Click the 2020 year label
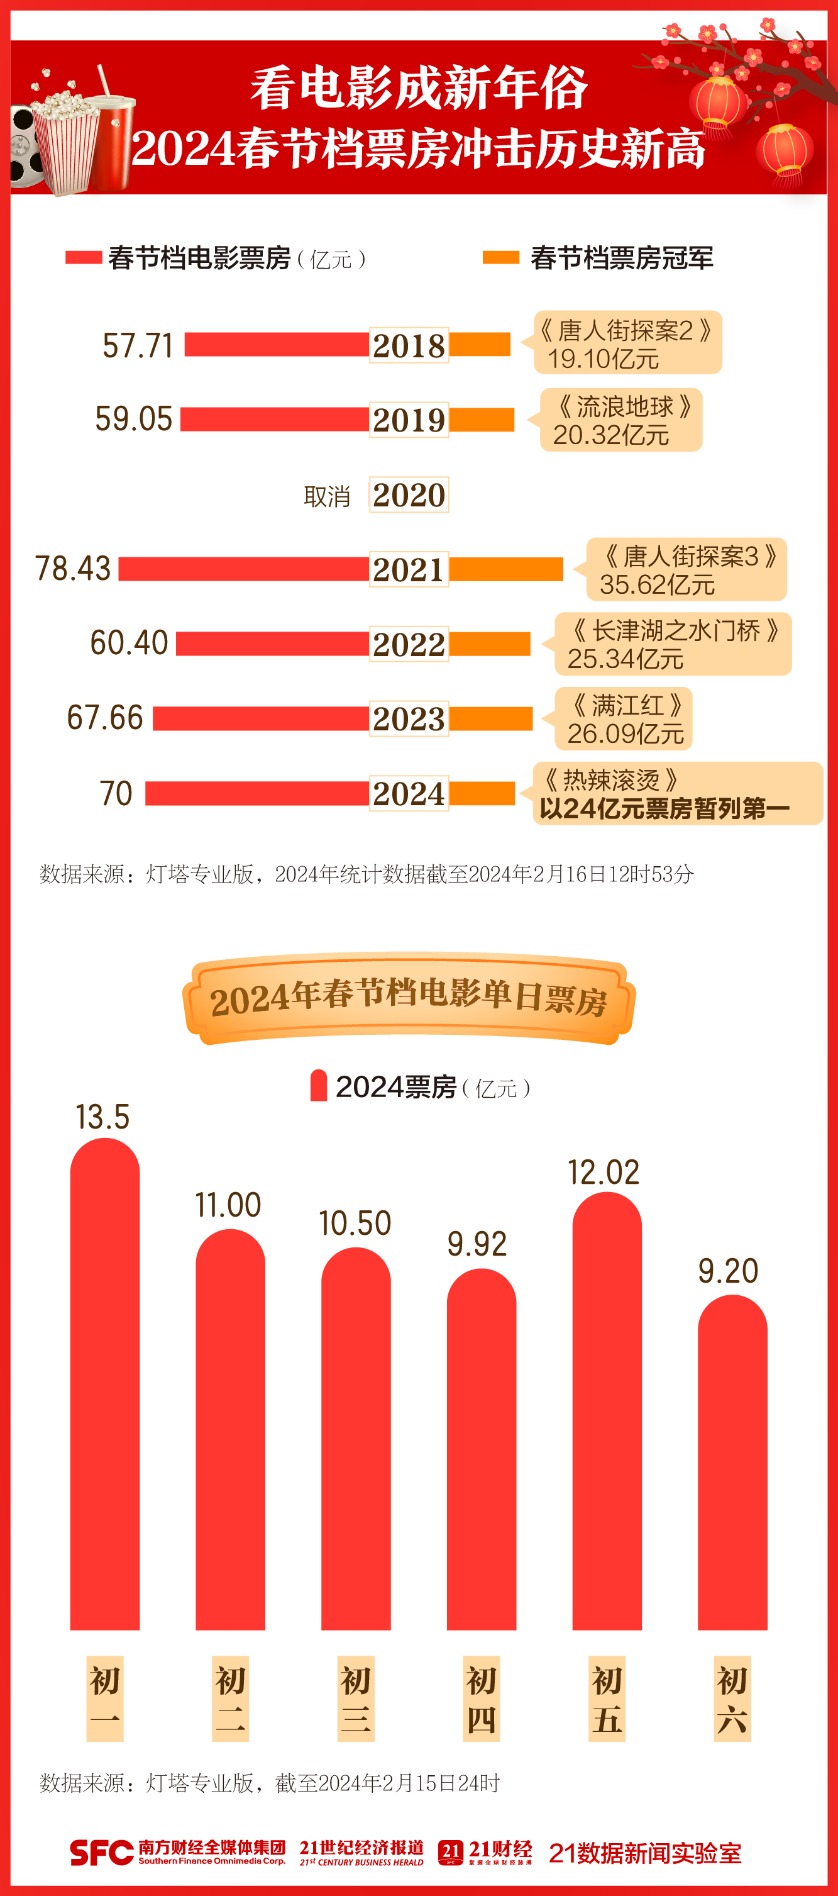coord(409,494)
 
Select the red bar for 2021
coord(243,569)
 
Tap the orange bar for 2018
coord(480,345)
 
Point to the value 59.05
coord(134,419)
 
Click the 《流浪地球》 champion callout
coord(621,420)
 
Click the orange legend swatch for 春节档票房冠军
coord(500,257)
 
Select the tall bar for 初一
coord(104,1384)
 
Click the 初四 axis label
coord(481,1698)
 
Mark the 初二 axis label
coord(230,1698)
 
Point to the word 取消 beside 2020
coord(327,497)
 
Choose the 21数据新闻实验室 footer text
coord(644,1853)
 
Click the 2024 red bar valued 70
coord(256,793)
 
